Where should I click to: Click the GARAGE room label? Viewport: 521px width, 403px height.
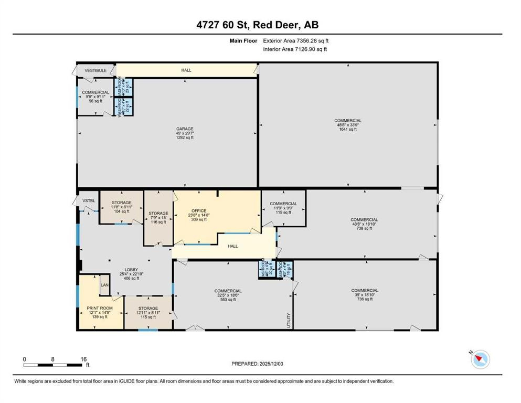pyautogui.click(x=185, y=129)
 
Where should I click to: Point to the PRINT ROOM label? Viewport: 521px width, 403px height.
pyautogui.click(x=99, y=308)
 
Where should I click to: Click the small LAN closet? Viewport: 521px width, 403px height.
pyautogui.click(x=104, y=285)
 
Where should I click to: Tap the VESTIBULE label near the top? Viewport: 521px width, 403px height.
pyautogui.click(x=96, y=70)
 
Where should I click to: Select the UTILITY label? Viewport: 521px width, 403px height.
pyautogui.click(x=289, y=320)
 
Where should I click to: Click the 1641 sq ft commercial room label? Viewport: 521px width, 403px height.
pyautogui.click(x=348, y=121)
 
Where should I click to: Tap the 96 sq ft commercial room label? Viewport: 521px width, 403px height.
pyautogui.click(x=95, y=92)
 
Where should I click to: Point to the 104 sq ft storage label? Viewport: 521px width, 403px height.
pyautogui.click(x=121, y=203)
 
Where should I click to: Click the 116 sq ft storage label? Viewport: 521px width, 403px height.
pyautogui.click(x=158, y=214)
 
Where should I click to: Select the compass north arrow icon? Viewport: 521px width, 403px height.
pyautogui.click(x=479, y=358)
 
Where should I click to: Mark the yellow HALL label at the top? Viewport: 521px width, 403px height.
pyautogui.click(x=186, y=70)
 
